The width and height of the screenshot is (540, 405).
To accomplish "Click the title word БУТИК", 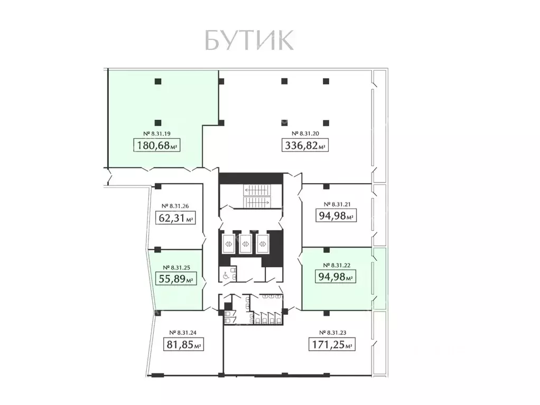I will pos(248,41).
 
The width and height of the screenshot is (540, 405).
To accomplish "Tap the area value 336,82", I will pos(304,146).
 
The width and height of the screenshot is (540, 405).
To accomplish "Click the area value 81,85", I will pos(183,345).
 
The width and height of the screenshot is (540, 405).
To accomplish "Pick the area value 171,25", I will pos(331,345).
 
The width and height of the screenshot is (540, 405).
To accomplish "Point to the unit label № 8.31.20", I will pos(304,134).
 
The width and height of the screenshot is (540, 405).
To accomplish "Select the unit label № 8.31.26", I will pos(175,206).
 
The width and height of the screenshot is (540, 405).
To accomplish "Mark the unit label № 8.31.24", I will pos(183,333).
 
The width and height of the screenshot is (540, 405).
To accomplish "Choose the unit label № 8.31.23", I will pos(333,333).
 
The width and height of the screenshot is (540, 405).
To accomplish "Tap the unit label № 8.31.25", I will pos(175,267).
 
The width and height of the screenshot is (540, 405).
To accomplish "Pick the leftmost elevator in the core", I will pos(229,244).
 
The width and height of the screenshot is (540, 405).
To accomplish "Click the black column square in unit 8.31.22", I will pos(327,250).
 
